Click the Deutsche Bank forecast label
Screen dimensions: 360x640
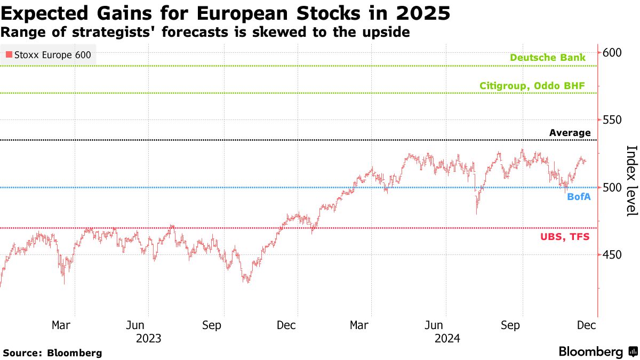coord(548,58)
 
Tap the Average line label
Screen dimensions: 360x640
coord(570,133)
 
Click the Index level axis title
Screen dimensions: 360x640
coord(631,181)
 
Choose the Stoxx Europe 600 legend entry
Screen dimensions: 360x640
coord(48,54)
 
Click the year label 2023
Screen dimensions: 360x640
coord(148,338)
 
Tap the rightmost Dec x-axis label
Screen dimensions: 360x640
coord(587,325)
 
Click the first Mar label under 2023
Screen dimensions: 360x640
coord(62,325)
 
